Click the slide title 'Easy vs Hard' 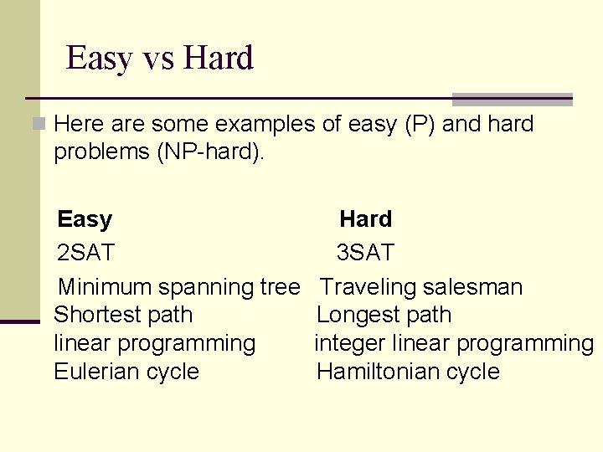[x=159, y=59]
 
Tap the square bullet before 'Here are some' [x=38, y=125]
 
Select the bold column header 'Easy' [x=85, y=219]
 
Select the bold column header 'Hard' [x=365, y=219]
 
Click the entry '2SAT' [x=86, y=253]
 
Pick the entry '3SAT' [x=365, y=253]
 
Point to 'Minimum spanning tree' [x=178, y=287]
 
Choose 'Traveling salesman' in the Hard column [x=421, y=287]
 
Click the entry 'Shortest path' [x=123, y=316]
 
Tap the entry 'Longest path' [x=384, y=316]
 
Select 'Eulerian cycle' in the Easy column [x=126, y=372]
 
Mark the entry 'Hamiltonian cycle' [x=408, y=372]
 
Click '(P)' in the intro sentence [x=419, y=125]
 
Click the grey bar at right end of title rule [x=512, y=99]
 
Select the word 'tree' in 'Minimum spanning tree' [x=279, y=287]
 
